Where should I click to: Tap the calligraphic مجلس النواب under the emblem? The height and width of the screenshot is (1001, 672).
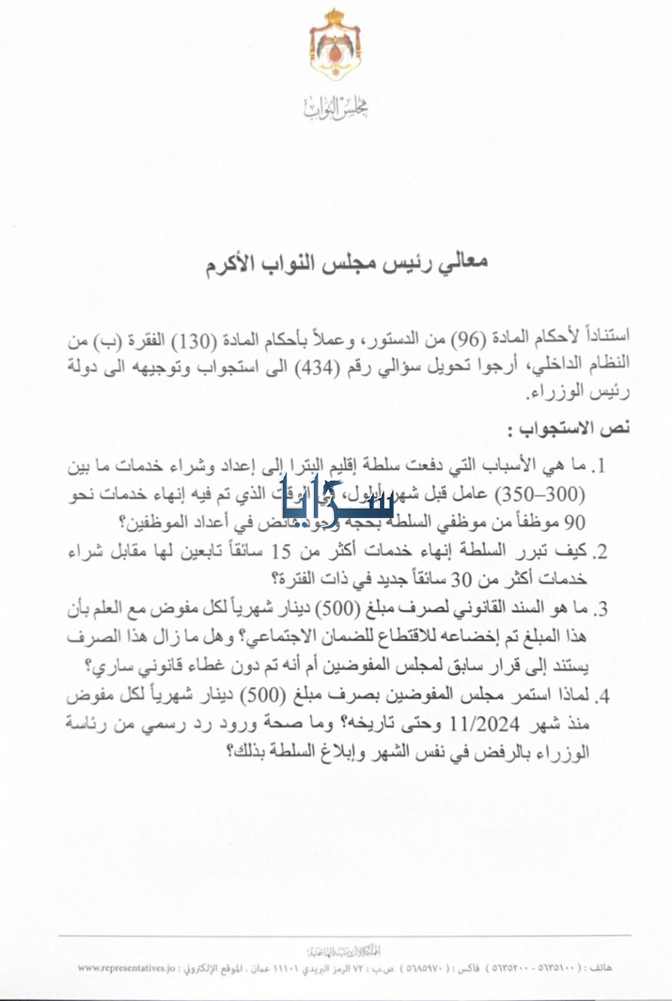point(335,108)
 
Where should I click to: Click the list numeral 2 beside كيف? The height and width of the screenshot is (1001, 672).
point(600,553)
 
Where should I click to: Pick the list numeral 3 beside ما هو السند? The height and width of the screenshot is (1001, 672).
point(600,610)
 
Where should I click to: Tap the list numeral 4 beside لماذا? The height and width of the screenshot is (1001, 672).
point(600,696)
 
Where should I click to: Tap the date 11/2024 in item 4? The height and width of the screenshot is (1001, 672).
point(489,723)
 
